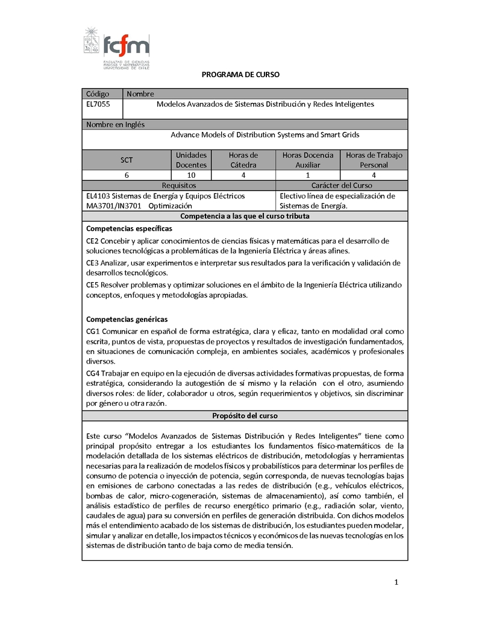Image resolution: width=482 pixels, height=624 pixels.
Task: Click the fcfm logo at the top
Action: click(117, 48)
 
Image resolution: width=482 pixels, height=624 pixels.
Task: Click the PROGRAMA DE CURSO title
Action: click(240, 75)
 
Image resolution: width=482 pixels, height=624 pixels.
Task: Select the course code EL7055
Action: click(97, 104)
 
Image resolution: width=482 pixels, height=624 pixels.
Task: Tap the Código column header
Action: click(98, 94)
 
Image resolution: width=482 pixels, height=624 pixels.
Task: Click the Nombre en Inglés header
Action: click(115, 125)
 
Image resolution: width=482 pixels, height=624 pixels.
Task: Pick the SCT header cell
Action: click(127, 160)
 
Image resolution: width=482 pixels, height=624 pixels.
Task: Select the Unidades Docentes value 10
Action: click(191, 175)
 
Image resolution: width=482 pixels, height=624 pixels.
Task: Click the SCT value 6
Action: click(127, 175)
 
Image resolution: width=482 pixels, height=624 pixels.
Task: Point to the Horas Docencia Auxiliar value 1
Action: click(307, 175)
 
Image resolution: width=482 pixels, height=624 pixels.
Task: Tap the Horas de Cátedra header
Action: click(243, 160)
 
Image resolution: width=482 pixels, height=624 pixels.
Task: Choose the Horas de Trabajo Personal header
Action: click(374, 160)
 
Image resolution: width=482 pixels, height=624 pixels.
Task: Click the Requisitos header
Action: click(178, 186)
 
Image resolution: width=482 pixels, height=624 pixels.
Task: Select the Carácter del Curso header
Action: click(342, 186)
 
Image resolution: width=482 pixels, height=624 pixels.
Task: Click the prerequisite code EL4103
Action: click(98, 196)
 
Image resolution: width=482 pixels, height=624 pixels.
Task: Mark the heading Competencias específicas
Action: click(129, 228)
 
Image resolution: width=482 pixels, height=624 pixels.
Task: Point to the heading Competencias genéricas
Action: click(127, 319)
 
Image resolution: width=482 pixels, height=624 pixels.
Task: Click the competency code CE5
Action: click(92, 285)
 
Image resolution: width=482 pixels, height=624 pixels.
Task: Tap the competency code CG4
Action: click(93, 374)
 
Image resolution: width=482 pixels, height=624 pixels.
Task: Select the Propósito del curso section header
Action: click(245, 416)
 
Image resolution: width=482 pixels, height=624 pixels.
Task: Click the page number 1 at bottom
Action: click(396, 582)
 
